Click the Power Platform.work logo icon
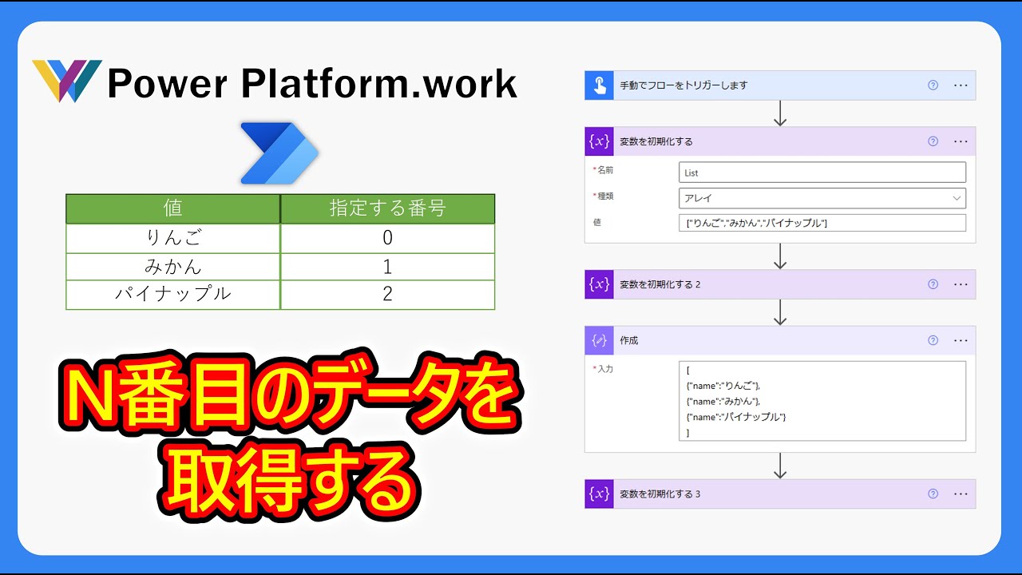pos(66,81)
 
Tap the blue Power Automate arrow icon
pos(279,154)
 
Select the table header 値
pos(173,208)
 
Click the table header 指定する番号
pos(387,208)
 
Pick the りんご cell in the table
pos(173,238)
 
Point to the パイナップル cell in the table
pos(173,294)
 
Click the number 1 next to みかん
pos(387,266)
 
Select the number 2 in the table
pos(387,294)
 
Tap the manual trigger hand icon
pos(599,85)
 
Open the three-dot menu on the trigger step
pos(961,85)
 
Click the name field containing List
pos(822,172)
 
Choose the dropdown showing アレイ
pos(822,198)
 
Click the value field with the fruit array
pos(822,224)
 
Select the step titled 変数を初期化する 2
pos(660,284)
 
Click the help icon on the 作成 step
pos(933,340)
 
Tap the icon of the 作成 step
pos(599,340)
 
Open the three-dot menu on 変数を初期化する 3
pos(961,494)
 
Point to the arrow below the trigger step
pos(780,113)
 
